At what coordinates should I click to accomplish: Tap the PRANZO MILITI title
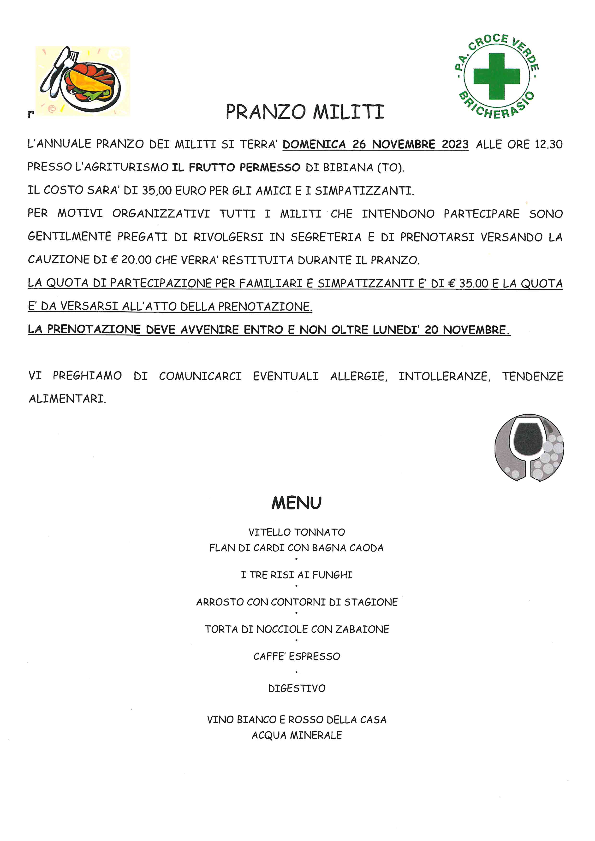(x=305, y=112)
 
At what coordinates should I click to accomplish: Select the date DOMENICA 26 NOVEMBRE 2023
(x=375, y=144)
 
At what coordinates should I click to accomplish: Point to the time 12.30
(x=548, y=144)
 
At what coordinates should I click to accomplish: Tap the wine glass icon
(x=529, y=448)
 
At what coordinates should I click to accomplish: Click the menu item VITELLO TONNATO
(x=297, y=532)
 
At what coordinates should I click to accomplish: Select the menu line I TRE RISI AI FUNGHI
(x=297, y=575)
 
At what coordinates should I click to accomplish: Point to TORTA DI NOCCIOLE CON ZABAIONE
(x=297, y=629)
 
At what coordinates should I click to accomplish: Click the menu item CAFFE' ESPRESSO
(x=297, y=656)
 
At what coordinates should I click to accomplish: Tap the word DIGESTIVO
(x=297, y=689)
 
